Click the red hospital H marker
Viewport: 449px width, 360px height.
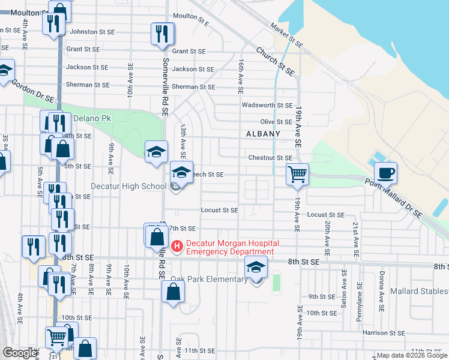click(177, 246)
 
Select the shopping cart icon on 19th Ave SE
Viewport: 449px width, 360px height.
click(297, 175)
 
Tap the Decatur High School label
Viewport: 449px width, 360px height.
click(128, 186)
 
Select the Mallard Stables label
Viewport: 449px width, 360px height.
click(419, 292)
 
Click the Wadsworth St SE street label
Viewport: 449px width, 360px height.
click(267, 105)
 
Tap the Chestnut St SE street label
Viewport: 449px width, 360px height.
click(270, 158)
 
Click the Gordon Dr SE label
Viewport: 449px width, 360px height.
click(33, 91)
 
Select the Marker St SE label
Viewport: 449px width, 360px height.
click(286, 35)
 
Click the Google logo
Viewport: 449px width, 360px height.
click(20, 353)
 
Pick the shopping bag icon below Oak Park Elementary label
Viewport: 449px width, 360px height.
click(173, 292)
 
